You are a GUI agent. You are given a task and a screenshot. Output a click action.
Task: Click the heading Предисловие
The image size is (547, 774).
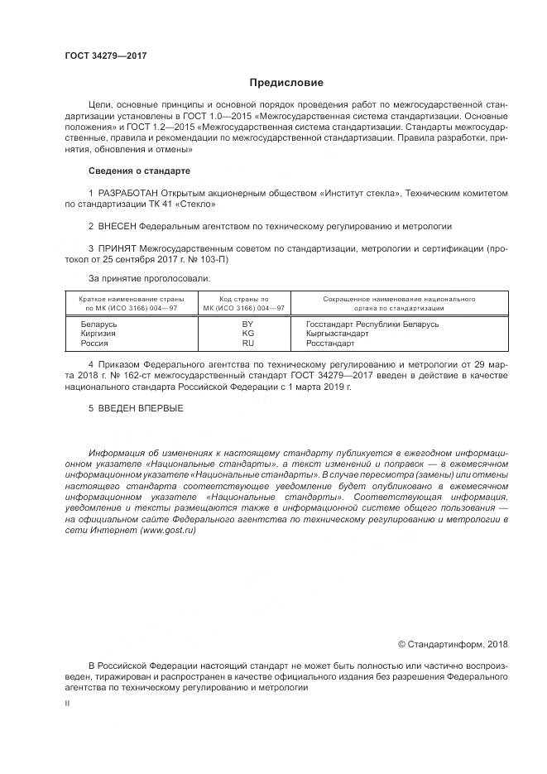tap(286, 83)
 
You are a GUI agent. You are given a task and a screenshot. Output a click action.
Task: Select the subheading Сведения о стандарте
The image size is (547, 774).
tap(139, 171)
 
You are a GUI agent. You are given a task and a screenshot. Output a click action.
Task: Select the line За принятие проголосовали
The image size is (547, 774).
tap(149, 278)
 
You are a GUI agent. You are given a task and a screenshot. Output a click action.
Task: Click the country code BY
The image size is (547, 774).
tap(247, 324)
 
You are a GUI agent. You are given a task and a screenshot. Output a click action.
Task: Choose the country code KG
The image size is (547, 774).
tap(247, 333)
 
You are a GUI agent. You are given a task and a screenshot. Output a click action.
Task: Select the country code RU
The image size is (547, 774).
tap(247, 342)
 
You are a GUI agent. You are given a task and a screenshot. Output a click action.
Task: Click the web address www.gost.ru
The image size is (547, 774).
tap(169, 530)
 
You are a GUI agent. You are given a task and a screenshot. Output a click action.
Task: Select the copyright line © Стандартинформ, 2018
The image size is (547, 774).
tap(453, 643)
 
